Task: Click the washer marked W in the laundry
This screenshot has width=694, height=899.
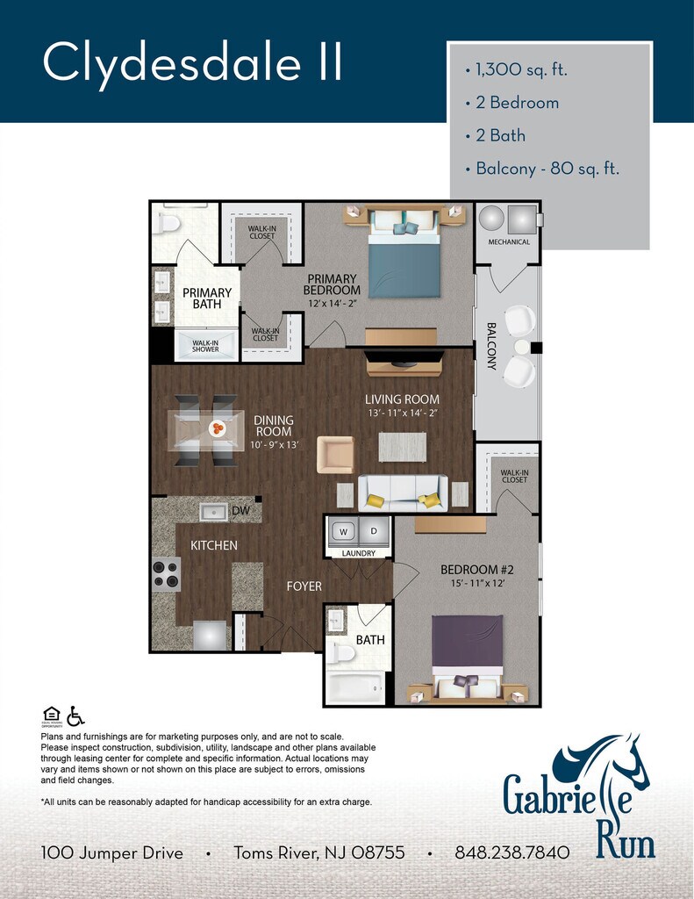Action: (x=343, y=531)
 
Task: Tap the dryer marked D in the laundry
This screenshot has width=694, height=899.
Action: (x=374, y=531)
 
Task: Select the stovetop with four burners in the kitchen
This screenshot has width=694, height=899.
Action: (x=166, y=574)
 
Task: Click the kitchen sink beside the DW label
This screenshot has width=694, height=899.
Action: (x=214, y=512)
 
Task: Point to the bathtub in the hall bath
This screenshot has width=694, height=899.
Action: (x=355, y=687)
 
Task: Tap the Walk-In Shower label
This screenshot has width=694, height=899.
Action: (x=205, y=346)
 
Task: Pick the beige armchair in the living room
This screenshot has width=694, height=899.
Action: (x=336, y=455)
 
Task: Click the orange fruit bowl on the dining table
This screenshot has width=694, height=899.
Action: (x=218, y=428)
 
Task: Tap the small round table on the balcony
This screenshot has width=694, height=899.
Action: (x=522, y=347)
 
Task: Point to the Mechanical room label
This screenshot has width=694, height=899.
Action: (x=509, y=242)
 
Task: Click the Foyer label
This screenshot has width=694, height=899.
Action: (x=304, y=586)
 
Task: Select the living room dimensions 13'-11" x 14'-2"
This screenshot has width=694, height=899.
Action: (x=403, y=413)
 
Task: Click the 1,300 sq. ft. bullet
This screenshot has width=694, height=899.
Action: (x=516, y=70)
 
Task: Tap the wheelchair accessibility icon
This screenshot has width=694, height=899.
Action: (x=75, y=716)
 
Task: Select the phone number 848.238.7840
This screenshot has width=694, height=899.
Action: (x=512, y=853)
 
